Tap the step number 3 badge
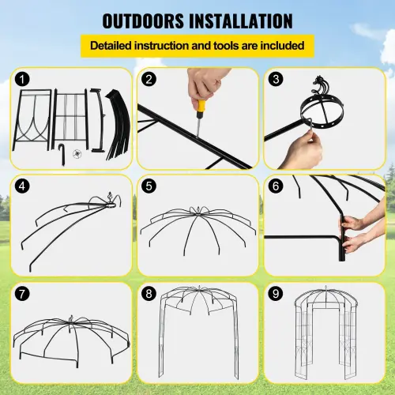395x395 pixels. point(275,80)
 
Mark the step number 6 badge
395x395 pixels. point(275,186)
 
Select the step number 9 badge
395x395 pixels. point(275,294)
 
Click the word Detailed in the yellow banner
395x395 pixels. point(117,46)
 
